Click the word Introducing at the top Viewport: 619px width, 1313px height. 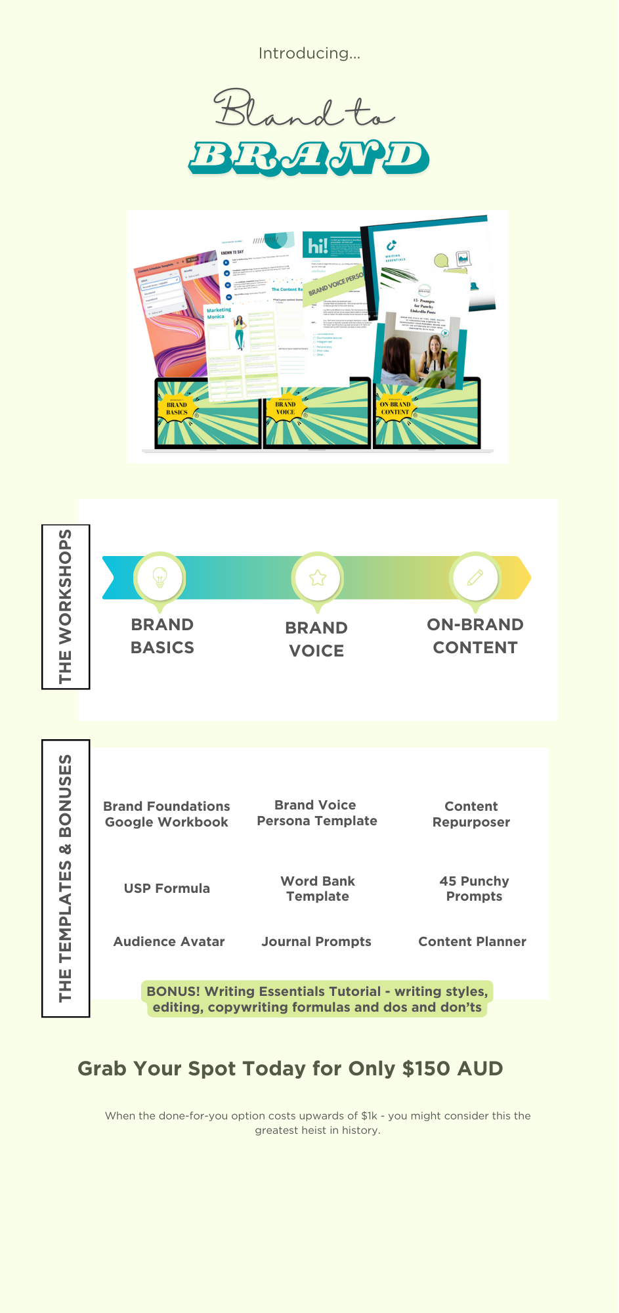309,53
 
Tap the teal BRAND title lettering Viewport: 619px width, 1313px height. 309,158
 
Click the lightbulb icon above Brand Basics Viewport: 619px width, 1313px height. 160,578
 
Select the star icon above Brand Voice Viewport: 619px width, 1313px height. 318,578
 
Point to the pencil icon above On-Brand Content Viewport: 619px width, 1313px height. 475,578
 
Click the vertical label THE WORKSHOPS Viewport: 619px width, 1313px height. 66,607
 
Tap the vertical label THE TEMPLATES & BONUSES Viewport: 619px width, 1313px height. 66,878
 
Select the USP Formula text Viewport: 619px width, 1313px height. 167,888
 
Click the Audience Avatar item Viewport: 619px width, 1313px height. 169,941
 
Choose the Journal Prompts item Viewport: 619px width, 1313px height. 316,941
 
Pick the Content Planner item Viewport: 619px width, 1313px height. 472,941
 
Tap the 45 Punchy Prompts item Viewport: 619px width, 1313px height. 474,888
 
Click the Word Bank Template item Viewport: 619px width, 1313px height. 318,888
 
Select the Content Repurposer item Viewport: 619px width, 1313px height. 471,814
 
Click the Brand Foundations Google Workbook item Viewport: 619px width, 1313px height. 167,814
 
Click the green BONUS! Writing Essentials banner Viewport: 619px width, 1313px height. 317,999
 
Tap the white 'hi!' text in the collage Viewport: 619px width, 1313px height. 318,246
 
